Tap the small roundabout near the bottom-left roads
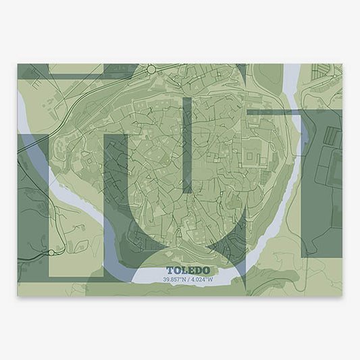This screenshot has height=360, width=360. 51,253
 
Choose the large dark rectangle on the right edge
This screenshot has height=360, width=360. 322,182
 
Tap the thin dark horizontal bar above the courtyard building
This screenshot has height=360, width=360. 270,111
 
